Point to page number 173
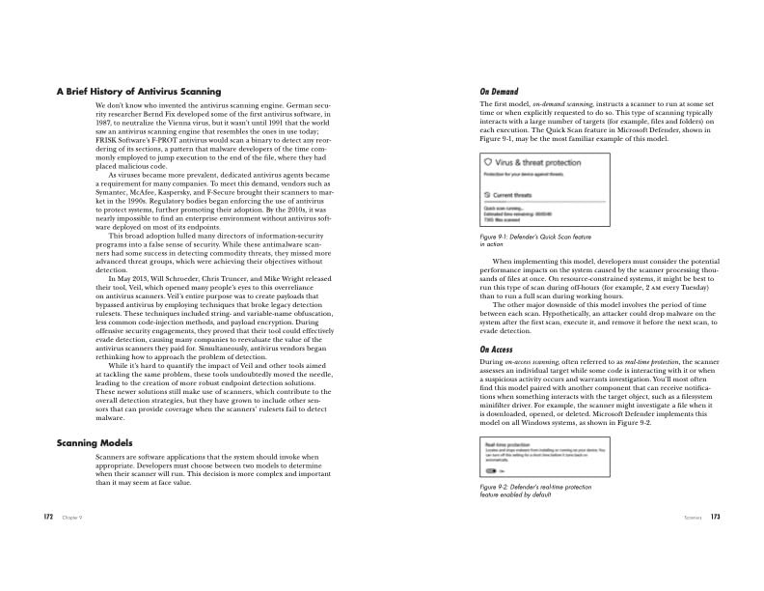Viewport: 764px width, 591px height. [x=715, y=518]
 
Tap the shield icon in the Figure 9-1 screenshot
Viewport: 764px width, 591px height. [x=488, y=163]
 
